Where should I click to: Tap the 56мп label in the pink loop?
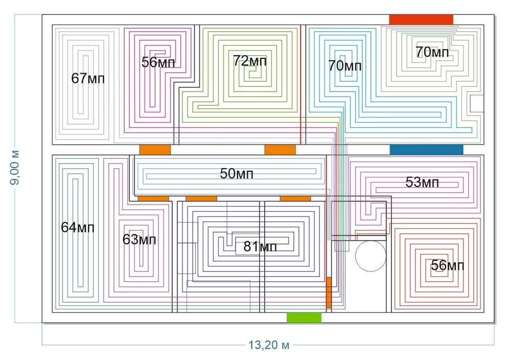click(158, 62)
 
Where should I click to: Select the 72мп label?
click(249, 61)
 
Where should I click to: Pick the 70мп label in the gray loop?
click(432, 52)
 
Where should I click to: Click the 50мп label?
click(237, 173)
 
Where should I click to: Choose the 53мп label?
click(422, 182)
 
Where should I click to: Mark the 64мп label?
click(78, 228)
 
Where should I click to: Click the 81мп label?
click(260, 246)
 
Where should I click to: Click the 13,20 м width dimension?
click(269, 345)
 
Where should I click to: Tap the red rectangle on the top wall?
click(421, 19)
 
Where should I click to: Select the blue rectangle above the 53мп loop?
click(426, 149)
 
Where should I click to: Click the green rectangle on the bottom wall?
click(304, 318)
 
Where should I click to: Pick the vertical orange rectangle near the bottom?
click(329, 292)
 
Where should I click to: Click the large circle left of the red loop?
click(370, 256)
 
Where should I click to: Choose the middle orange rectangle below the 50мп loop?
click(201, 198)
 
